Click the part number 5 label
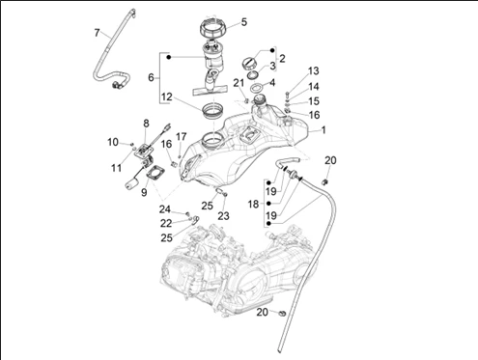244,22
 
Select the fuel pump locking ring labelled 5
213,27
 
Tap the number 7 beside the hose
97,33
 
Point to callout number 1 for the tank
323,130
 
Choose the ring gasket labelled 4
257,87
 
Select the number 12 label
167,97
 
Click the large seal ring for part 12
212,110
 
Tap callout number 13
314,70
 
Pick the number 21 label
239,83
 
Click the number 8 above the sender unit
146,123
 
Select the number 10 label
113,142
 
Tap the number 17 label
182,137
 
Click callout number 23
223,216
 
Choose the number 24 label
165,209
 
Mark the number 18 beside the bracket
253,204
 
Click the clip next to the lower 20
282,313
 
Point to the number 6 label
151,77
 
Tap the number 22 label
166,223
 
